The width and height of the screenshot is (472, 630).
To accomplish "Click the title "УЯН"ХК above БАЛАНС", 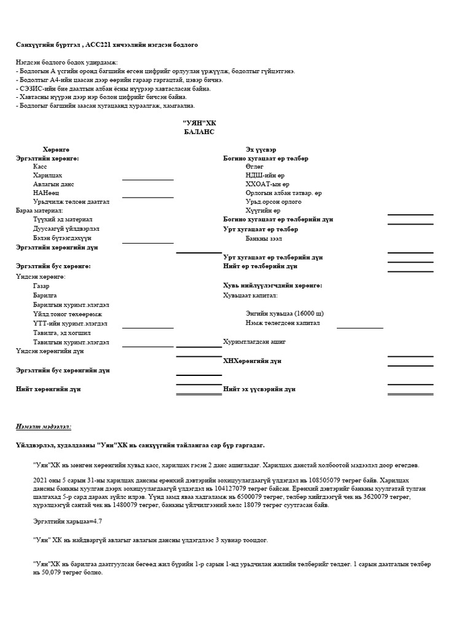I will pos(199,123).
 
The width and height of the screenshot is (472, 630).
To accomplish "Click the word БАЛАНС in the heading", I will pos(199,132).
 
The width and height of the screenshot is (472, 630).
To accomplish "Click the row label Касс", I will pos(40,167).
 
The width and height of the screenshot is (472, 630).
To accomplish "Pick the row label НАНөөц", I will pos(45,193).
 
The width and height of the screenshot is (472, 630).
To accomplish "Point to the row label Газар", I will pos(42,286).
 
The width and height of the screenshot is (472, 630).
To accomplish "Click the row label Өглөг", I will pos(254,167).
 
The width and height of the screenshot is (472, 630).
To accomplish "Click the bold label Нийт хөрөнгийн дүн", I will pos(48,389).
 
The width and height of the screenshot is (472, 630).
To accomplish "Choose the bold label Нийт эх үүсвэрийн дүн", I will pos(259,389).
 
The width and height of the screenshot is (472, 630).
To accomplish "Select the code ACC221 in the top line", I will pos(96,45).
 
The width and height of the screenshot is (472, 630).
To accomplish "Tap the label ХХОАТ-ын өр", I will pos(267,184).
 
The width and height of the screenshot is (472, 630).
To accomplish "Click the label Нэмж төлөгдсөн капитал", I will pos(282,322).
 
